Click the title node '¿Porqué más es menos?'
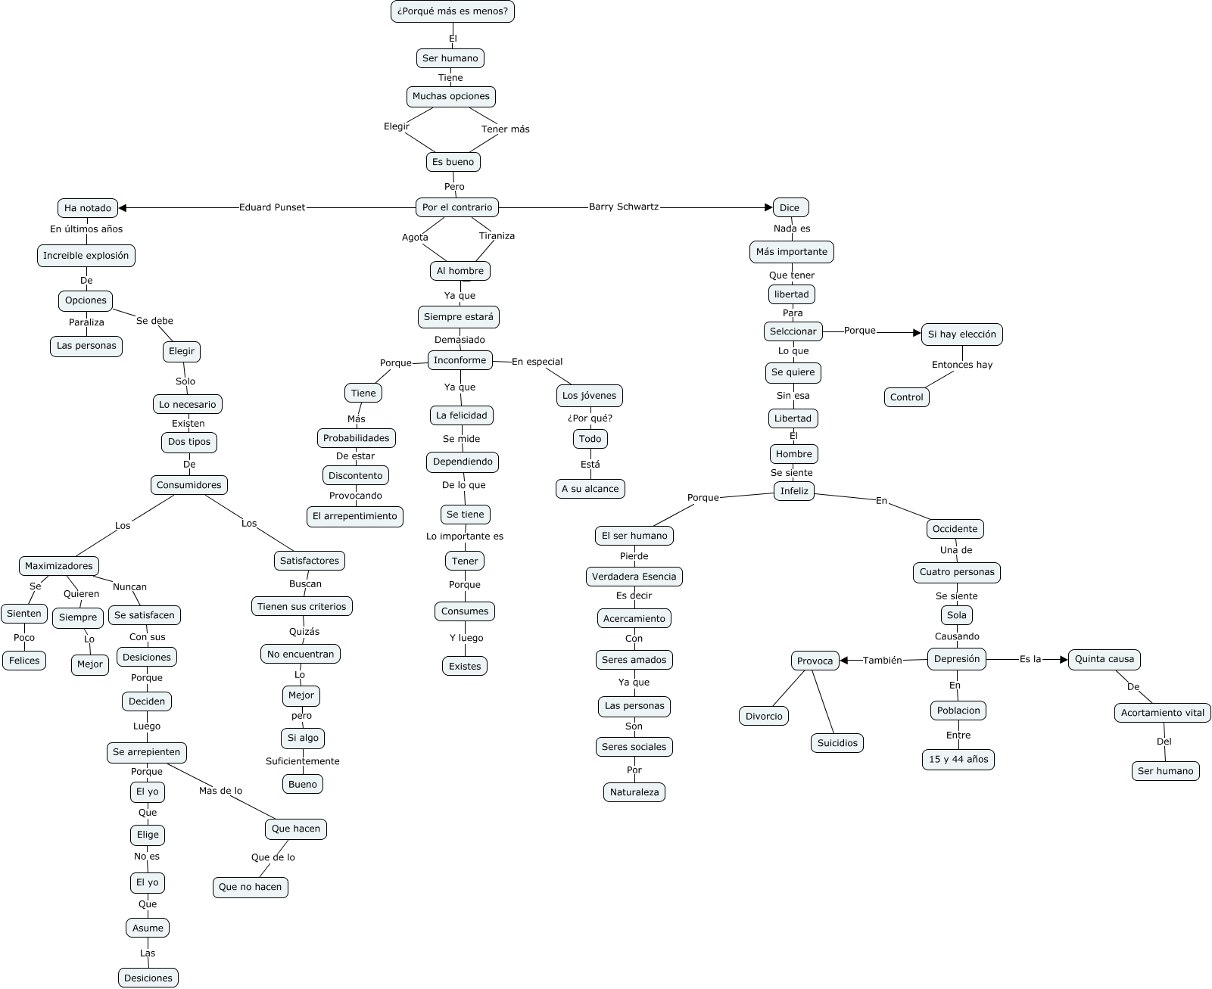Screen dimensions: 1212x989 [x=452, y=11]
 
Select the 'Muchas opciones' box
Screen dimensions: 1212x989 [x=451, y=97]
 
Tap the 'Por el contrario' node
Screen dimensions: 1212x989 [x=457, y=207]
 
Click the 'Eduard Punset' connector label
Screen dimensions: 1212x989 [x=272, y=207]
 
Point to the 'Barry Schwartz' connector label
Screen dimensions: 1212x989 [x=624, y=207]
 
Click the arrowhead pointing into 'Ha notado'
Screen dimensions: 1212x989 [x=123, y=208]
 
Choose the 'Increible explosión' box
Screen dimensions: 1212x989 [x=86, y=256]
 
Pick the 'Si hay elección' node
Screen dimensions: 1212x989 [x=962, y=334]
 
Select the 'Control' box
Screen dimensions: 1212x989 [x=907, y=397]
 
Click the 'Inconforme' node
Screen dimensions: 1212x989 [x=460, y=360]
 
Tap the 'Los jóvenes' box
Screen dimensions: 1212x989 [x=589, y=396]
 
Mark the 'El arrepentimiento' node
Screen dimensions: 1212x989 [x=354, y=516]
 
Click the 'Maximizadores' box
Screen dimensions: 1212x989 [x=58, y=566]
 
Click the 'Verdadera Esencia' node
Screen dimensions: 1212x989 [x=634, y=577]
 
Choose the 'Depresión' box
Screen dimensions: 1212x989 [x=957, y=659]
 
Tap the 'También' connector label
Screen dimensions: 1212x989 [x=882, y=661]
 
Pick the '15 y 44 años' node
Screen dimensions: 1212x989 [x=958, y=760]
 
